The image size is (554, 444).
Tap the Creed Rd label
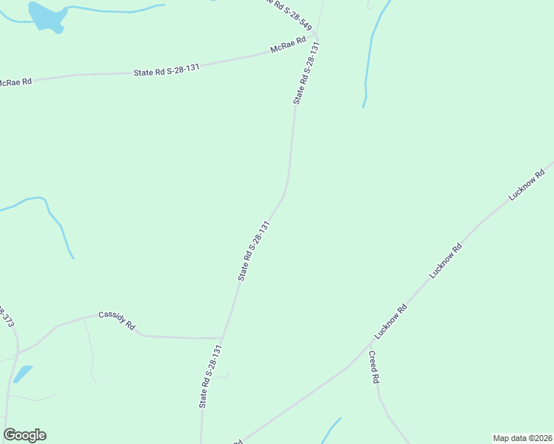tap(374, 366)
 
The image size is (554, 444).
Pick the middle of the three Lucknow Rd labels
tap(446, 260)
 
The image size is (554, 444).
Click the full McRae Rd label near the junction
tap(288, 46)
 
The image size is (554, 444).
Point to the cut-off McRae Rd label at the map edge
tap(16, 82)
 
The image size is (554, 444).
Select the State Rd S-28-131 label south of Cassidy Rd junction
tap(210, 376)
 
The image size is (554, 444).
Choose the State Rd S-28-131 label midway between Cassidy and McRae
tap(253, 250)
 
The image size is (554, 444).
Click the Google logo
tap(24, 435)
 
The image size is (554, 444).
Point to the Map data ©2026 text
tap(522, 437)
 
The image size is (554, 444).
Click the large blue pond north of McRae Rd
tap(45, 16)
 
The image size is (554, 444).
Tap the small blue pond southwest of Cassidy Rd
tap(23, 373)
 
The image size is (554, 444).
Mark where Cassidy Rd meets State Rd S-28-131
tap(221, 338)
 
